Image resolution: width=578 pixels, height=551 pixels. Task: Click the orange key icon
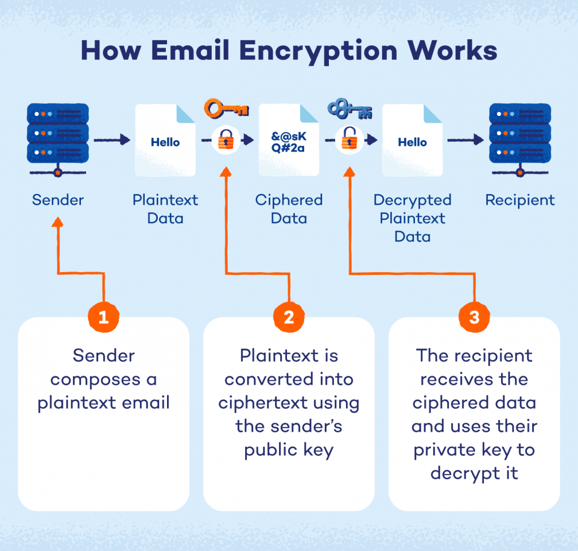(x=226, y=108)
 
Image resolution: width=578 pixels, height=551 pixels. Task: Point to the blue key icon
(x=349, y=108)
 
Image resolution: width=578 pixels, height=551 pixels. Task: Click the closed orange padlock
(x=226, y=140)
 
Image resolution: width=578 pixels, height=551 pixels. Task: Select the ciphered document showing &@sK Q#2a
(x=289, y=141)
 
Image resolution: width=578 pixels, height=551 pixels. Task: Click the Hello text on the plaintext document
(x=165, y=142)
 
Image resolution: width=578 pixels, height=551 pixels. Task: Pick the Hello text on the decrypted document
(x=412, y=142)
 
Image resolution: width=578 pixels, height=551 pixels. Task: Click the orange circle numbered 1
(x=103, y=317)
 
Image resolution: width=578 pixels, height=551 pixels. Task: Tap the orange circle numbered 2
(x=289, y=317)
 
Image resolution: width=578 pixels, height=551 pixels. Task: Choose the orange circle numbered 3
(x=474, y=317)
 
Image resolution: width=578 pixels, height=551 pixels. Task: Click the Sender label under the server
(x=57, y=200)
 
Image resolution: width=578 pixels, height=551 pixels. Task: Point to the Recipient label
(x=519, y=200)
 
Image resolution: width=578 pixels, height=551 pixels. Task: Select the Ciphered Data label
(x=289, y=209)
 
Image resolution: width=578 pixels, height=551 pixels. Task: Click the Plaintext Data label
(x=165, y=209)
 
